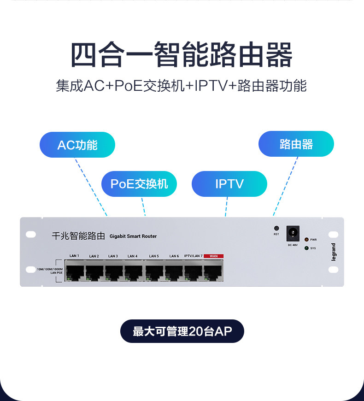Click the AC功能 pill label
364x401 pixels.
click(77, 145)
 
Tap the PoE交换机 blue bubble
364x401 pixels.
click(139, 184)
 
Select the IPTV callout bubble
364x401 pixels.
click(229, 184)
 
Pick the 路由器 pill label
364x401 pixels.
click(296, 144)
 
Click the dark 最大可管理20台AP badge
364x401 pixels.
click(182, 331)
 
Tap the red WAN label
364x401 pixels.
click(214, 256)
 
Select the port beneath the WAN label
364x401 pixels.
click(213, 272)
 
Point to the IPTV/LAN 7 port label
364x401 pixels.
click(193, 256)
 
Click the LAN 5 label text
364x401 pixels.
click(154, 256)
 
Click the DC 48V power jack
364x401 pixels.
click(293, 233)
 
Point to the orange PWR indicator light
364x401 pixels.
click(306, 240)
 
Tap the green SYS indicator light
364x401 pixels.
click(306, 248)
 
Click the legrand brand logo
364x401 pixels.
click(333, 252)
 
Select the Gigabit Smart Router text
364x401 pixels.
click(133, 236)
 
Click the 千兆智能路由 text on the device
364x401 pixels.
click(78, 236)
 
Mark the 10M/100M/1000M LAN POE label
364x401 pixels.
click(50, 271)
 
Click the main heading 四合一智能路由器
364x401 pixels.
click(182, 54)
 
